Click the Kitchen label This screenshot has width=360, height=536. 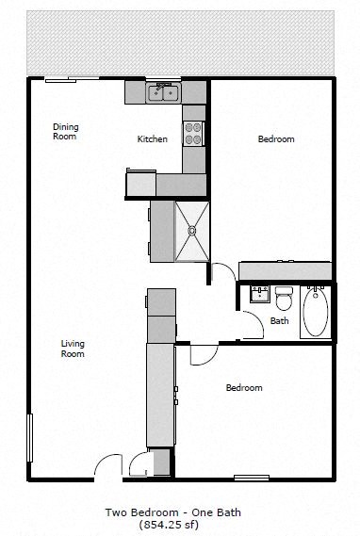(x=153, y=139)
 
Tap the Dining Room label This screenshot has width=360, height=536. (x=65, y=132)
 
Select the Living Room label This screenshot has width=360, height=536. (x=73, y=349)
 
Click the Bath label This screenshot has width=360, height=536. (x=279, y=321)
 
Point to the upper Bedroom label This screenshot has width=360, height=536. (x=276, y=139)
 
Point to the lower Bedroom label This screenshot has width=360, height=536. (x=243, y=387)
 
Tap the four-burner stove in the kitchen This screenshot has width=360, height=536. (x=193, y=135)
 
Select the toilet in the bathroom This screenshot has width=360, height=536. (x=284, y=298)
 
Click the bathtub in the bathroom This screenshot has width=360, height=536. (x=315, y=313)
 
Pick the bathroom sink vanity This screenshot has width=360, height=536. (x=257, y=295)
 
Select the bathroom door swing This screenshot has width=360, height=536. (x=249, y=325)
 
